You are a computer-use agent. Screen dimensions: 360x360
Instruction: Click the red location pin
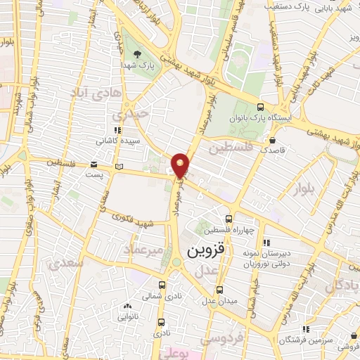[181, 165]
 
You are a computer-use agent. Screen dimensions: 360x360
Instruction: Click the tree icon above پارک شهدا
[138, 54]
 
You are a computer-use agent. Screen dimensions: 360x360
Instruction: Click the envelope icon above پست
[94, 165]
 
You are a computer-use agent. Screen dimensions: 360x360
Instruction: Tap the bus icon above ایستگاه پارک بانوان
[261, 108]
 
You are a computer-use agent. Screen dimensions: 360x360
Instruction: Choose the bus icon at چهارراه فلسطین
[226, 219]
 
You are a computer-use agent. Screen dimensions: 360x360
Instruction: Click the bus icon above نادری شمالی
[162, 285]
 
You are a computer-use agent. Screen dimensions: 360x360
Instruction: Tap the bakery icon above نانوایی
[127, 307]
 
